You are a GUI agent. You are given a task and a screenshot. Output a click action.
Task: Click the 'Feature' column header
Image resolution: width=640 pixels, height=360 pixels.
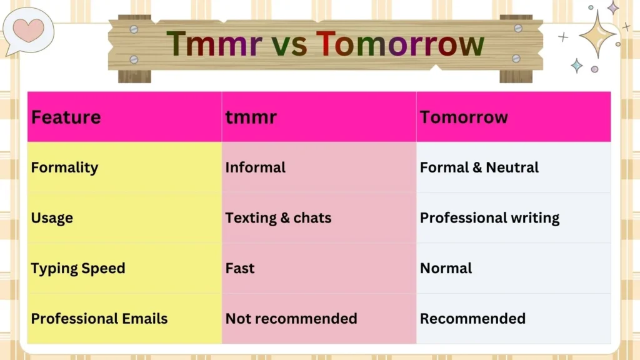click(x=66, y=117)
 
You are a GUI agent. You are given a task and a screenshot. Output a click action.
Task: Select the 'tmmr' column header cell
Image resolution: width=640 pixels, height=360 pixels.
click(x=251, y=117)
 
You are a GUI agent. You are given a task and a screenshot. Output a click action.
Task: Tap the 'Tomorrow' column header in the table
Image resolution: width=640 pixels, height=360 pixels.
click(x=464, y=117)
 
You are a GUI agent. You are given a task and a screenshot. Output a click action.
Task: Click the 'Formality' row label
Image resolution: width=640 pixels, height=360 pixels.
click(x=64, y=167)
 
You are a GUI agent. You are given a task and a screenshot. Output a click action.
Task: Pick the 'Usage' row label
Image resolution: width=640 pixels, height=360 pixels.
click(x=52, y=218)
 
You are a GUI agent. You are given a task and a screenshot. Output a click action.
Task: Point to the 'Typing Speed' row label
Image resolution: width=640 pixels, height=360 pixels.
click(x=78, y=268)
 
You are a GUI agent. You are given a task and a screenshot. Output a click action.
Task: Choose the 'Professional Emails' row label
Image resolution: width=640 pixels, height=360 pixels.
click(x=99, y=319)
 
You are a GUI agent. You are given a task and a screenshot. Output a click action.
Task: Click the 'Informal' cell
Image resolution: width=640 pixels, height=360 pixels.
click(x=255, y=167)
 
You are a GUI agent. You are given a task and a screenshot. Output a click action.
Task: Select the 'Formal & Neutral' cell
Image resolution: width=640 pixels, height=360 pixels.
click(x=479, y=167)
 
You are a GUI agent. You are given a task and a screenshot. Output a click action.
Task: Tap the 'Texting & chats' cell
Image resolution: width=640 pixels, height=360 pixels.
click(x=278, y=218)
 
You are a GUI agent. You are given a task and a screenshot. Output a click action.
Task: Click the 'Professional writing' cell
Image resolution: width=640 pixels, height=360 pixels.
click(x=489, y=218)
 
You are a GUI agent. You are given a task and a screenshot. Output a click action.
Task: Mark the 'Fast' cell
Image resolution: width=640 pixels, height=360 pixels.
click(x=240, y=268)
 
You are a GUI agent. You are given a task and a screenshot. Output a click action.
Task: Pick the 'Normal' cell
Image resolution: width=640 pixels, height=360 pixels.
click(x=446, y=268)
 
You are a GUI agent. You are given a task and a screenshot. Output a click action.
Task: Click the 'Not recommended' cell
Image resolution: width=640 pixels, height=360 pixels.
click(x=291, y=319)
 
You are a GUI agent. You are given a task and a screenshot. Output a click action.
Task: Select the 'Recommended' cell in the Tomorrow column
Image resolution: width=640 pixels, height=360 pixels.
click(x=472, y=319)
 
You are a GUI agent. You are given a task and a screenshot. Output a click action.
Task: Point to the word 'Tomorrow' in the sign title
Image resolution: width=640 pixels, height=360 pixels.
click(x=400, y=44)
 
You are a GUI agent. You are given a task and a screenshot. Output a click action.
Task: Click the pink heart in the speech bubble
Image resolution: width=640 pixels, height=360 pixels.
click(x=28, y=29)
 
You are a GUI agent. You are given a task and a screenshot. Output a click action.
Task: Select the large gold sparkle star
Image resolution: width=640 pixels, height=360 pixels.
click(x=597, y=35)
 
